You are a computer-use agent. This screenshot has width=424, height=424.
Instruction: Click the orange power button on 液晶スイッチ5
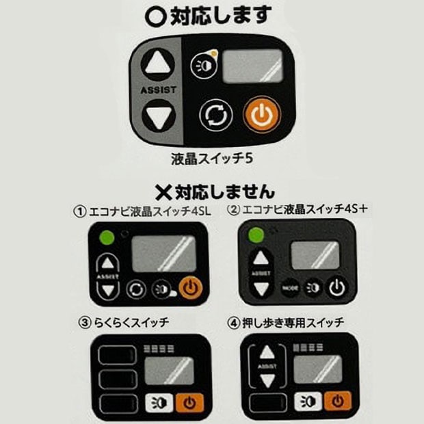262,114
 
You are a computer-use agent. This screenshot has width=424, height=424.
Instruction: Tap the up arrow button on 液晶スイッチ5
158,64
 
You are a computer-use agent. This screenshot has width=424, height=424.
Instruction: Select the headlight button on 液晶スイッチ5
204,65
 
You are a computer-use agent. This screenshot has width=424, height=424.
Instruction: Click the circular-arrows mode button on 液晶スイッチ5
216,116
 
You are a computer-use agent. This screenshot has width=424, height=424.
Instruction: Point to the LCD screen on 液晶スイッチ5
252,66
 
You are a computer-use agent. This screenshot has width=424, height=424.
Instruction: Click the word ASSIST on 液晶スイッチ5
159,90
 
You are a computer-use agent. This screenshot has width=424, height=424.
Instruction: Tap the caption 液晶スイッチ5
212,159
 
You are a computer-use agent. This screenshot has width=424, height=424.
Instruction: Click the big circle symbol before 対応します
155,17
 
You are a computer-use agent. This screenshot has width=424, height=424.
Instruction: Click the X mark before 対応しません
163,192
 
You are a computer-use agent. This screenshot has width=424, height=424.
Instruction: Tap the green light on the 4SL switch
107,238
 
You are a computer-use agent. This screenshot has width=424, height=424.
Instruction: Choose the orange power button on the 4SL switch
191,288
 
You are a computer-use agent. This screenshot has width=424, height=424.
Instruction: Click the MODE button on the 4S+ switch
291,288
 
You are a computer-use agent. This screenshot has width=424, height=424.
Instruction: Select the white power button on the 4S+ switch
337,287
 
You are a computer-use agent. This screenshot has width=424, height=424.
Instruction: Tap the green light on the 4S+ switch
256,235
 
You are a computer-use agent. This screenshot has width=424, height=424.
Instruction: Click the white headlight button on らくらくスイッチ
159,403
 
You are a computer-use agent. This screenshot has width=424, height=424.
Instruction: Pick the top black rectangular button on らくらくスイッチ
118,355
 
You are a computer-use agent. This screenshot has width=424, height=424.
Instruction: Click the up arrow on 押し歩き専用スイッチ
267,352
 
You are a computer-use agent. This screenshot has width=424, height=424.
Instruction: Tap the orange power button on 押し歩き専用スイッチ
338,401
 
